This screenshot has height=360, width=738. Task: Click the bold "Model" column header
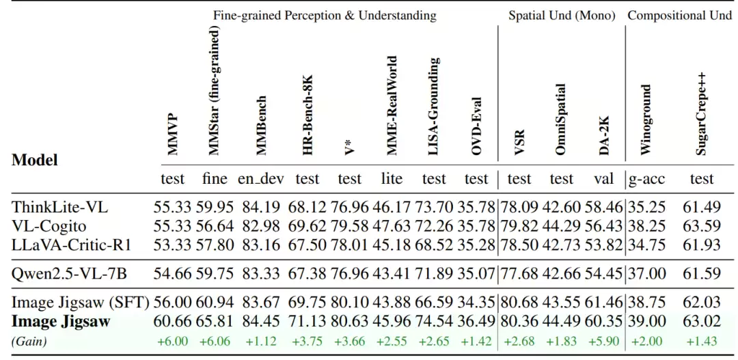click(x=35, y=160)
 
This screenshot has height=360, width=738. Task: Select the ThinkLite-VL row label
click(x=60, y=207)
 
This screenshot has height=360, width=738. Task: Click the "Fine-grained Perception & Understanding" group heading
click(x=325, y=15)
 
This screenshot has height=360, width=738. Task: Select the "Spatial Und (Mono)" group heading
click(x=562, y=15)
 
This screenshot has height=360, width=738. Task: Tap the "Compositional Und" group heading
click(x=679, y=15)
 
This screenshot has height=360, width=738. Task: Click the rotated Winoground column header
click(x=646, y=120)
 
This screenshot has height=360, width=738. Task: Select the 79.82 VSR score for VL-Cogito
click(x=519, y=225)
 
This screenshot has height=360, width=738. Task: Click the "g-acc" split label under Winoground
click(x=646, y=179)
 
